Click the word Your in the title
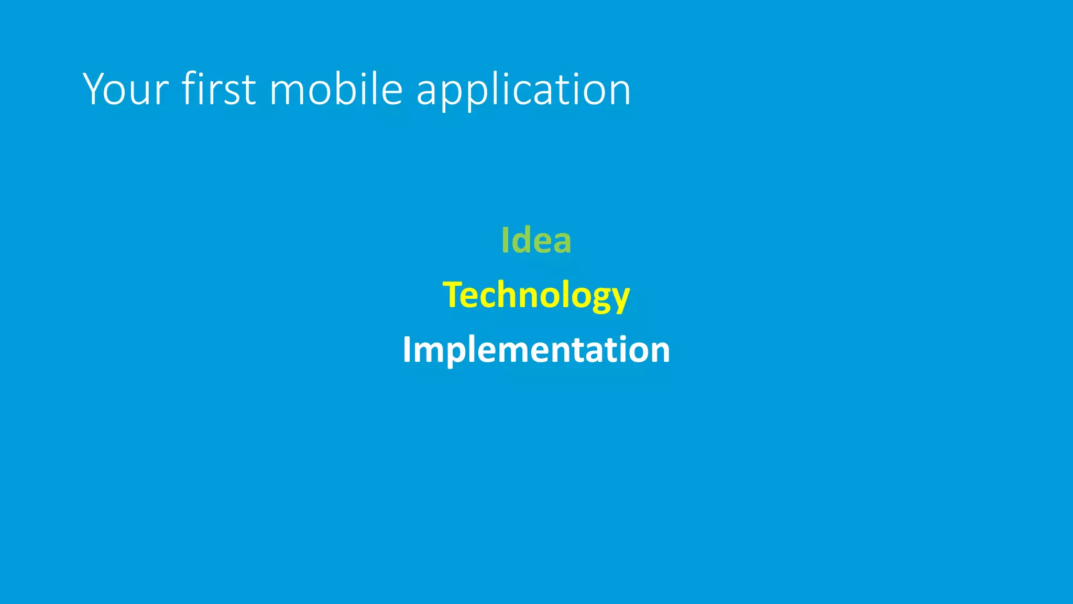click(x=126, y=89)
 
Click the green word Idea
click(x=536, y=240)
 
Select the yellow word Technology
click(x=536, y=295)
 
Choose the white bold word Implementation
click(x=536, y=350)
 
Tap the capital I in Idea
click(x=505, y=240)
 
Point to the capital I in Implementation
click(x=406, y=350)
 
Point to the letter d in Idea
click(x=521, y=240)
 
